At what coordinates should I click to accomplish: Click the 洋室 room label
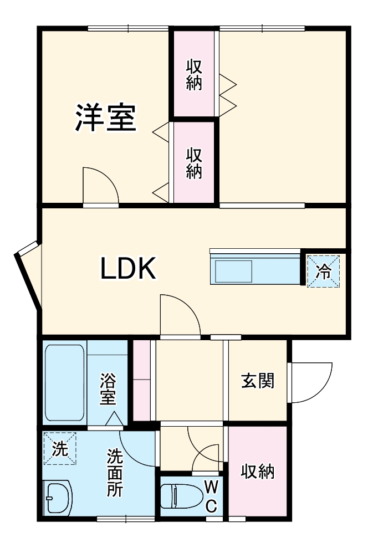click(x=105, y=117)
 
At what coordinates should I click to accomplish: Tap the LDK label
click(x=129, y=269)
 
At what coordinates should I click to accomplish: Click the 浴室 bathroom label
click(x=108, y=390)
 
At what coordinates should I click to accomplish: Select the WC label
click(x=211, y=496)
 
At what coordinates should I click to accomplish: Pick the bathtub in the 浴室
click(x=64, y=383)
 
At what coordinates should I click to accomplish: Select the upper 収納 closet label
click(x=194, y=75)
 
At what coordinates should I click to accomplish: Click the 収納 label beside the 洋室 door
click(x=194, y=163)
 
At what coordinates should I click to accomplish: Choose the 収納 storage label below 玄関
click(x=258, y=472)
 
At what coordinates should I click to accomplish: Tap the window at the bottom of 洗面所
click(x=126, y=519)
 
